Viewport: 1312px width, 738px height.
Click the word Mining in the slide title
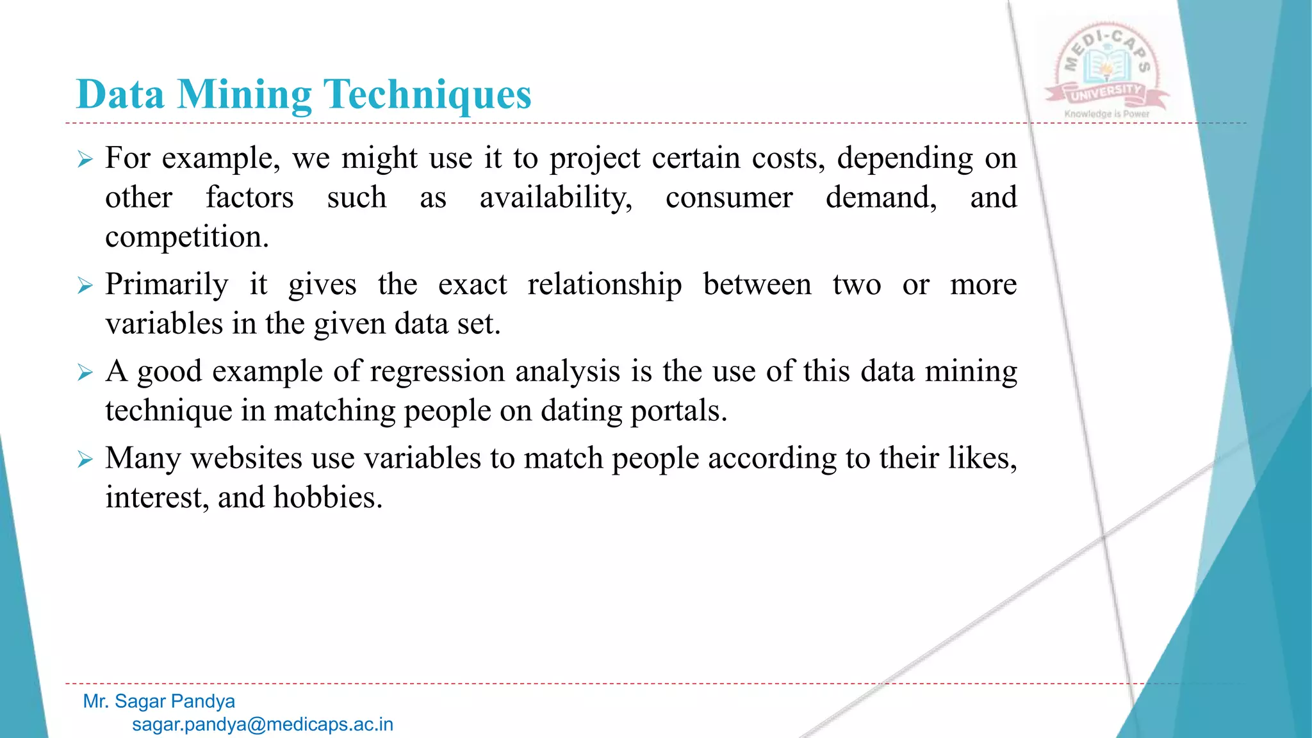point(244,95)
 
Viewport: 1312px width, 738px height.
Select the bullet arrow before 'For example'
point(85,159)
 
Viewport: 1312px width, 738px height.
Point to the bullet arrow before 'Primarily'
point(85,285)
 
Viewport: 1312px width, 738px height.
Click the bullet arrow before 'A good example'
point(85,372)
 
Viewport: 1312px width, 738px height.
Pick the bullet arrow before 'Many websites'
point(85,459)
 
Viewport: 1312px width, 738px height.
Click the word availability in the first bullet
point(555,198)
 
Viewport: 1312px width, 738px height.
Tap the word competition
point(186,238)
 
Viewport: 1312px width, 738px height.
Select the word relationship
point(604,284)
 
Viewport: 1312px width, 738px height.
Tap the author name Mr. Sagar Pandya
point(159,701)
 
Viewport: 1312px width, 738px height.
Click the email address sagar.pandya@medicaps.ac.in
point(263,725)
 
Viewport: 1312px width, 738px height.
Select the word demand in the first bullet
point(881,198)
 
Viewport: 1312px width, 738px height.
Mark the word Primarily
point(167,284)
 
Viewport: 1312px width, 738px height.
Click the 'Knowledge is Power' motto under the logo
point(1106,114)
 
